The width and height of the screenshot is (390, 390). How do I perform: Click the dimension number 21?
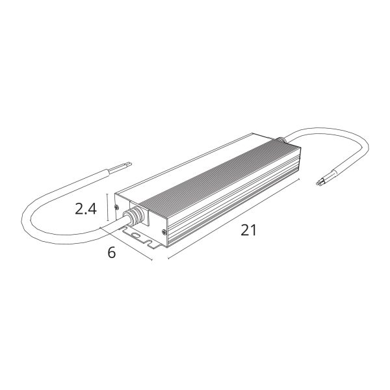[x=248, y=230]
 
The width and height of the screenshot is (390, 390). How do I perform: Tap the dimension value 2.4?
[x=86, y=209]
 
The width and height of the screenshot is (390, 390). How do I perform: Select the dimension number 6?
[x=112, y=253]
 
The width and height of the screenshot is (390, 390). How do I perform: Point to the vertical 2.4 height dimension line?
[x=107, y=207]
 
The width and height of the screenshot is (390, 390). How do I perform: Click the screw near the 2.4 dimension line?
[x=116, y=207]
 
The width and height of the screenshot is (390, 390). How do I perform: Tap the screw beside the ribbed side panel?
[x=164, y=232]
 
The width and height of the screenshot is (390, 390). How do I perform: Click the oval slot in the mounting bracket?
[x=136, y=235]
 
